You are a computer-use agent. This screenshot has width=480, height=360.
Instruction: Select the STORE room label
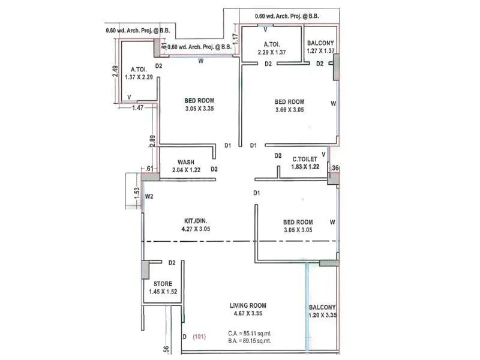click(163, 284)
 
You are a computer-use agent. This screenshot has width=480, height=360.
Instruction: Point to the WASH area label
click(185, 162)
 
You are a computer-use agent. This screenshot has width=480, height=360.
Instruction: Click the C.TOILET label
click(305, 159)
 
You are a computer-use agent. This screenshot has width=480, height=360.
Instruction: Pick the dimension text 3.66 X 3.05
click(289, 110)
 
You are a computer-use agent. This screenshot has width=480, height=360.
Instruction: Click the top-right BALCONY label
click(321, 43)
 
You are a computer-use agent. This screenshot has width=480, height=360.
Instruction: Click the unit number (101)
click(199, 337)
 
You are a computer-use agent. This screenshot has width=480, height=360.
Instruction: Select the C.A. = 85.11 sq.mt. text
click(250, 332)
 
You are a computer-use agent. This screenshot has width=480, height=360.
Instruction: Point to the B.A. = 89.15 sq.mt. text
click(250, 340)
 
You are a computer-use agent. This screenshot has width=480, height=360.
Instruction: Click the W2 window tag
click(149, 196)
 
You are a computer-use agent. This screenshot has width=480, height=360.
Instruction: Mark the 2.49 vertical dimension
click(115, 73)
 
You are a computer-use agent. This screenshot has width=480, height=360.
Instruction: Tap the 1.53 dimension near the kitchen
click(137, 193)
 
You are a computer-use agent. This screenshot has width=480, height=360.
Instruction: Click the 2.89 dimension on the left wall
click(152, 142)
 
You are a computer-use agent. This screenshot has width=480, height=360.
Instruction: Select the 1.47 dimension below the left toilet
click(137, 108)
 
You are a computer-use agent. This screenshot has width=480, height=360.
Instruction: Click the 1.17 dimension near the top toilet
click(236, 39)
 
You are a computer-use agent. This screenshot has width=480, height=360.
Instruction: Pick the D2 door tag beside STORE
click(172, 263)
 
